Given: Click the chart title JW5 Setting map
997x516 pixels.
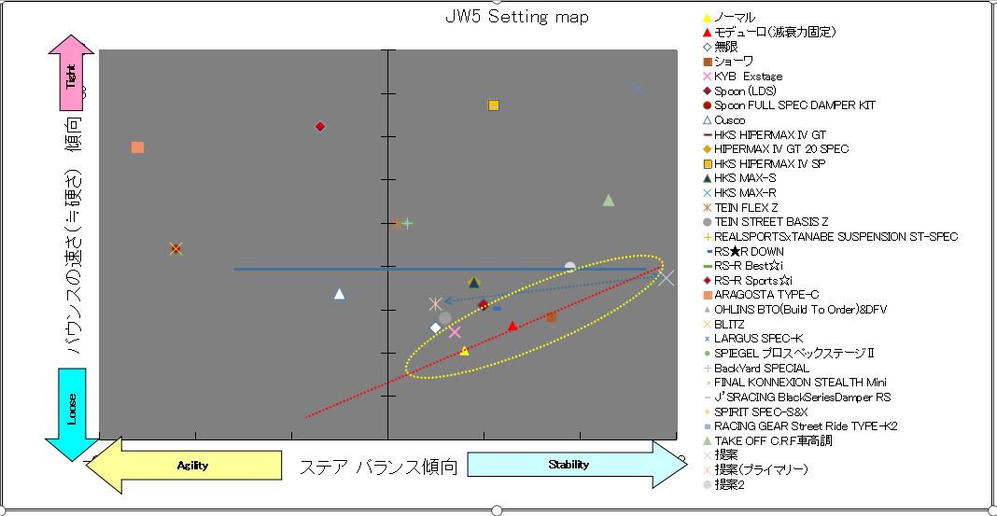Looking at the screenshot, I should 516,18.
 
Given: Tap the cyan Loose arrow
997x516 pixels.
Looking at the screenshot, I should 72,411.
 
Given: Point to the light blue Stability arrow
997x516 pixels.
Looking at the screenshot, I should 574,465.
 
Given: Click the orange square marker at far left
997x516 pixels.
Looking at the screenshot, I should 137,147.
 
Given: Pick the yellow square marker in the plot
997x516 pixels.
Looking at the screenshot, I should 494,105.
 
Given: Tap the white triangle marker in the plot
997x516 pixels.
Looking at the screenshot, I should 340,294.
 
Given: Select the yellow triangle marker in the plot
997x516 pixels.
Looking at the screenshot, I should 465,351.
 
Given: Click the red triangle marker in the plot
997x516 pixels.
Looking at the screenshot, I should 513,326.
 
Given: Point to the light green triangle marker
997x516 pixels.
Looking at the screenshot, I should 609,200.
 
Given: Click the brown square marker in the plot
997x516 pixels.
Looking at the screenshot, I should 551,317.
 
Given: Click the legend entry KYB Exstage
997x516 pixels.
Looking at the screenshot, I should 748,77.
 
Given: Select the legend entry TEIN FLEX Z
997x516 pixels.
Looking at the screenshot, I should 746,207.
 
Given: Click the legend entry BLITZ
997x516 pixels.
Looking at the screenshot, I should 729,324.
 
